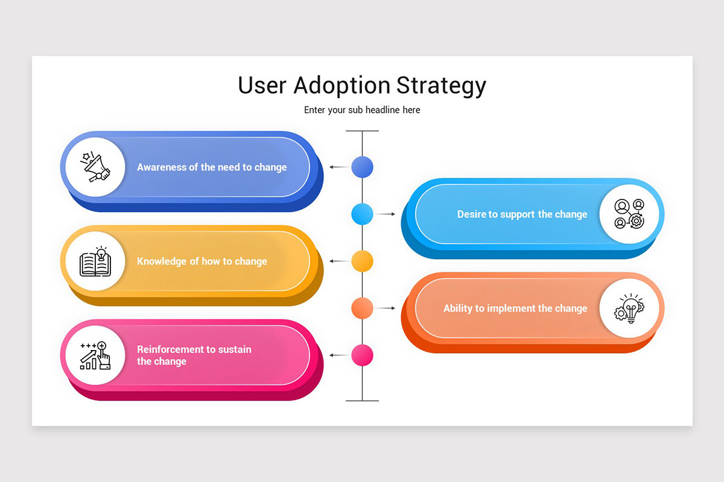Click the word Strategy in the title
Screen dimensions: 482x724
coord(441,86)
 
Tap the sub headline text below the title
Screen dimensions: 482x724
coord(362,110)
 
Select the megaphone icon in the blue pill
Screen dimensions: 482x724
coord(95,167)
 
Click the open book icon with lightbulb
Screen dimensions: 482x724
coord(95,261)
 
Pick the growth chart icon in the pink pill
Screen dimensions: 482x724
coord(95,355)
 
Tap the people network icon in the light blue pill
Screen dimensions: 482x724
coord(629,214)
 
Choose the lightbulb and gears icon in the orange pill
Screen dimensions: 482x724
coord(629,308)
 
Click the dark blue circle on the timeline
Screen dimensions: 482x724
coord(362,167)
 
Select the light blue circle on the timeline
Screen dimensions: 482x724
coord(362,214)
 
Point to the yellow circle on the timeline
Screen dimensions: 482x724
coord(362,261)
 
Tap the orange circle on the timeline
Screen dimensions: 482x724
coord(362,308)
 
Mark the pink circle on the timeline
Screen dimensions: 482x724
coord(362,355)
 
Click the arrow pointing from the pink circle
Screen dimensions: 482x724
coord(339,355)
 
